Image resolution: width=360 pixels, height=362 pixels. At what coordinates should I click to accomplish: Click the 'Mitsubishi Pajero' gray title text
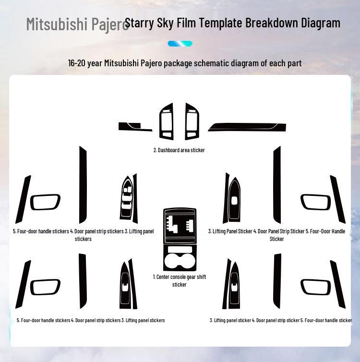point(77,24)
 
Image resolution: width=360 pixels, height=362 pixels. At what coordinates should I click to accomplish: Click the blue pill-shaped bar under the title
point(180,44)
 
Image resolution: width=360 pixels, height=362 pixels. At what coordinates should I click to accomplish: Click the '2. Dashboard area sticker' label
point(179,150)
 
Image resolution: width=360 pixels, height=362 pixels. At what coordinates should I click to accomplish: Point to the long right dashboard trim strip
point(247,127)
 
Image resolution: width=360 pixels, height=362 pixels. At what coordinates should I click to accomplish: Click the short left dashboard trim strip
point(135,127)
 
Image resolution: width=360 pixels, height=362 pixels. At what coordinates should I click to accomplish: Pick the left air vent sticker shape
point(167,121)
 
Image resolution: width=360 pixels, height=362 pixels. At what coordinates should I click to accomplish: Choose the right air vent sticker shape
point(192,121)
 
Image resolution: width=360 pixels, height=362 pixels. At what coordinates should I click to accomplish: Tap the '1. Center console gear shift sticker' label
point(180,280)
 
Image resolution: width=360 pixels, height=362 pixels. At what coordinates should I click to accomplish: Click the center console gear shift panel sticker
point(180,226)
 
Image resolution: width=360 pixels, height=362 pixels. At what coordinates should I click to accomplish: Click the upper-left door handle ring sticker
point(45,202)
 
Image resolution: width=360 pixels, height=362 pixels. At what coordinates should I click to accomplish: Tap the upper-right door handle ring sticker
point(315,202)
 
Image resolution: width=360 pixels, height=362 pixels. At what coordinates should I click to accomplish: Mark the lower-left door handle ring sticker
point(45,287)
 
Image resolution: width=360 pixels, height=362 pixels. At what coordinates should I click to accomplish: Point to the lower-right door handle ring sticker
point(315,287)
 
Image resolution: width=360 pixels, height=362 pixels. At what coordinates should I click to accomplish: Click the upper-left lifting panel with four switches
point(126,198)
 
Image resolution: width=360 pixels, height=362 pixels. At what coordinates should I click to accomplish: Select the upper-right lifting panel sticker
point(234,199)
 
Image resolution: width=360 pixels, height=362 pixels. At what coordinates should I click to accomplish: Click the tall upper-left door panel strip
point(83,185)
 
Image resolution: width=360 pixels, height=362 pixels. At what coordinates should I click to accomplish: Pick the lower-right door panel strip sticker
point(277,281)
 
